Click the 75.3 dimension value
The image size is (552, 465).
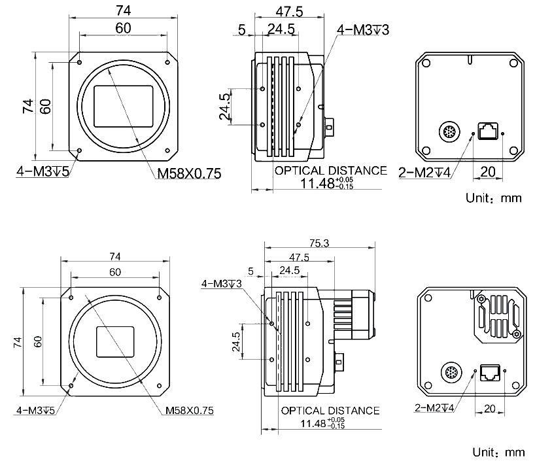pyautogui.click(x=319, y=243)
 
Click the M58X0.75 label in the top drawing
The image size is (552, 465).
pyautogui.click(x=188, y=173)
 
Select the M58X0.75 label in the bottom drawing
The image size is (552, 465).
pyautogui.click(x=189, y=411)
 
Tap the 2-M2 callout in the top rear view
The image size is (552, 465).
pyautogui.click(x=424, y=173)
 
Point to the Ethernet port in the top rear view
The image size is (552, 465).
pyautogui.click(x=488, y=130)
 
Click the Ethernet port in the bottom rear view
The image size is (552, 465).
pyautogui.click(x=491, y=373)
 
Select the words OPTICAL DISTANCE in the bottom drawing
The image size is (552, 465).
pyautogui.click(x=330, y=411)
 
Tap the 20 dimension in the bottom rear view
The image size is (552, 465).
pyautogui.click(x=489, y=409)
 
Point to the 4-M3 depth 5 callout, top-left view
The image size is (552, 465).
pyautogui.click(x=43, y=171)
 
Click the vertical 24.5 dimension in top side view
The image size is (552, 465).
pyautogui.click(x=225, y=107)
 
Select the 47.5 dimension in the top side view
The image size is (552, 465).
pyautogui.click(x=288, y=12)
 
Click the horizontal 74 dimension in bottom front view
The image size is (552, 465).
pyautogui.click(x=115, y=256)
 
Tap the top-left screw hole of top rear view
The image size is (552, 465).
pyautogui.click(x=426, y=63)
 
